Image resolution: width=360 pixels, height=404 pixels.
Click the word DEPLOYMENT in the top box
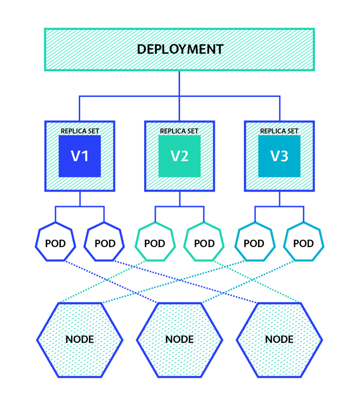click(x=180, y=49)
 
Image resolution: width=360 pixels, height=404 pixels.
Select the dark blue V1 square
click(x=80, y=156)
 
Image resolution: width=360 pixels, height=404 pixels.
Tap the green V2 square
click(x=179, y=156)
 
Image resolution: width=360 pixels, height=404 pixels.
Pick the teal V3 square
click(x=279, y=156)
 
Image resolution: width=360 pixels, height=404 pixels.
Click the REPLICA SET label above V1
click(x=80, y=131)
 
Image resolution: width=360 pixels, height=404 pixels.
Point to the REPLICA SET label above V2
click(x=179, y=131)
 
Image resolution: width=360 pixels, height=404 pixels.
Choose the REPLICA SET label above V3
click(x=279, y=131)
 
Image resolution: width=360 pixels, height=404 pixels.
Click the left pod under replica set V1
click(x=55, y=243)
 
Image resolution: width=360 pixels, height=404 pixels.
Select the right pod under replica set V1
click(x=105, y=243)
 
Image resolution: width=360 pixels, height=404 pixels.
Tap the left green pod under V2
click(x=155, y=243)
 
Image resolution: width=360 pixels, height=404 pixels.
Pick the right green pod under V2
click(x=204, y=243)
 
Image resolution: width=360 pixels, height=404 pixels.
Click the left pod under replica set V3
click(x=254, y=243)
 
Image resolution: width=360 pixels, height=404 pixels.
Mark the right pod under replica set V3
click(x=304, y=243)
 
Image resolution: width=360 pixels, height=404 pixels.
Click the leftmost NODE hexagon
click(x=80, y=340)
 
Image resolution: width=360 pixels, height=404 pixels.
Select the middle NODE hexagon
click(x=179, y=340)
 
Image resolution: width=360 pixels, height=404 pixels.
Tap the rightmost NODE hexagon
click(x=279, y=340)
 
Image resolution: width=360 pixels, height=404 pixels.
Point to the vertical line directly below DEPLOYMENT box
click(x=179, y=82)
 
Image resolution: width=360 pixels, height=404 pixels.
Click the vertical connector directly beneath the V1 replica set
click(x=80, y=198)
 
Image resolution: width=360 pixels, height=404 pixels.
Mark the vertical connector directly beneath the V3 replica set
click(x=279, y=198)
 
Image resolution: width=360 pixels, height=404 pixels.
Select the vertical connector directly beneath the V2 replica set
click(x=179, y=198)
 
